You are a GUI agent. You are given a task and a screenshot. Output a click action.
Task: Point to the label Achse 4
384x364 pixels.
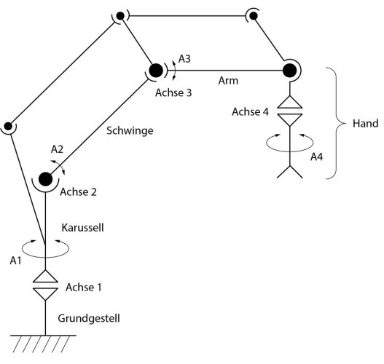(250, 111)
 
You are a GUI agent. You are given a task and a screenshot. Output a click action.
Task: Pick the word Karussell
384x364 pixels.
(82, 227)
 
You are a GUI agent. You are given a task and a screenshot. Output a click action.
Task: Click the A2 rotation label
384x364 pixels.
(57, 149)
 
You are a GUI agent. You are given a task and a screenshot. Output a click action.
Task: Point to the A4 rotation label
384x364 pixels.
(316, 157)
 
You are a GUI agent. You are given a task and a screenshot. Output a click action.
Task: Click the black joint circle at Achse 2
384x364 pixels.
(45, 178)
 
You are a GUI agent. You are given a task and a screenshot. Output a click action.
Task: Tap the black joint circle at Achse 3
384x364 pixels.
(155, 71)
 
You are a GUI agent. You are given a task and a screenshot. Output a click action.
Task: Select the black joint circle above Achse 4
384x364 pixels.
(290, 71)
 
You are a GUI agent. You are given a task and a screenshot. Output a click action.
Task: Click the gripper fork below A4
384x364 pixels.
(290, 172)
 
